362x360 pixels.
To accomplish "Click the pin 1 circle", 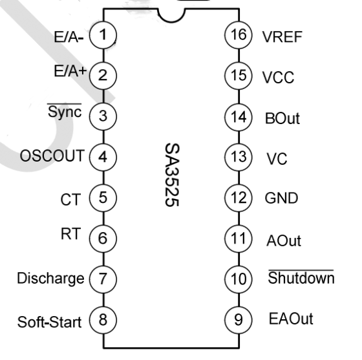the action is click(103, 35).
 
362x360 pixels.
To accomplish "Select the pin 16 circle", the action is click(239, 35).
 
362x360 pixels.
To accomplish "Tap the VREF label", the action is click(282, 37).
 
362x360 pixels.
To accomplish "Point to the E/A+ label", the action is click(70, 71).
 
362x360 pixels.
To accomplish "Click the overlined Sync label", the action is click(65, 111).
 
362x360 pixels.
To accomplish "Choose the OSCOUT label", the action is click(52, 156).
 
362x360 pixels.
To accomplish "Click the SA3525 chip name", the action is click(172, 175).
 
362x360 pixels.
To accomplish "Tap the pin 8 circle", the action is click(103, 320).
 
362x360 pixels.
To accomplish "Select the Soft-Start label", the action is click(49, 322).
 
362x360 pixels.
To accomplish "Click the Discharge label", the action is click(50, 279).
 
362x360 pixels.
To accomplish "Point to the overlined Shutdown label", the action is click(301, 277).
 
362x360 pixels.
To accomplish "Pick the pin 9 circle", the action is click(239, 320).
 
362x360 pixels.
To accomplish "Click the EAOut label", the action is click(291, 319).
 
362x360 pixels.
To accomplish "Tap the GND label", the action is click(281, 198).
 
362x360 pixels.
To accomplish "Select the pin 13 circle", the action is click(239, 157).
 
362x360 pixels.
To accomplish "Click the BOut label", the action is click(282, 118).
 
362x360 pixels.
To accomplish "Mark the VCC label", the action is click(278, 78).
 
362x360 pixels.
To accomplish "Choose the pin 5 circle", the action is click(103, 198).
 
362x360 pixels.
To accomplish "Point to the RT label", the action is click(70, 233).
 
